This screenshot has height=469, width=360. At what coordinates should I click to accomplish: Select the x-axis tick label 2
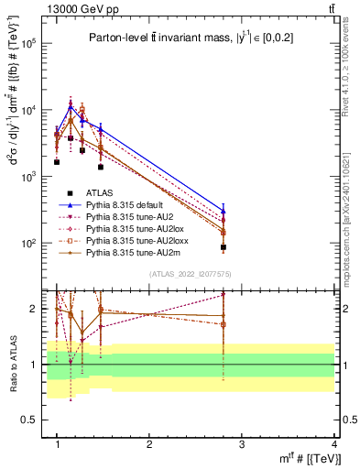click(149, 445)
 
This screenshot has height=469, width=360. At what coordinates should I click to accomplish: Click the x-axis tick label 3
click(241, 445)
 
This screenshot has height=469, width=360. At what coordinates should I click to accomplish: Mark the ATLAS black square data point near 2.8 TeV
click(224, 247)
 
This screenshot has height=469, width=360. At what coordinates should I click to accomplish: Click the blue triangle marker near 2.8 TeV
click(224, 211)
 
